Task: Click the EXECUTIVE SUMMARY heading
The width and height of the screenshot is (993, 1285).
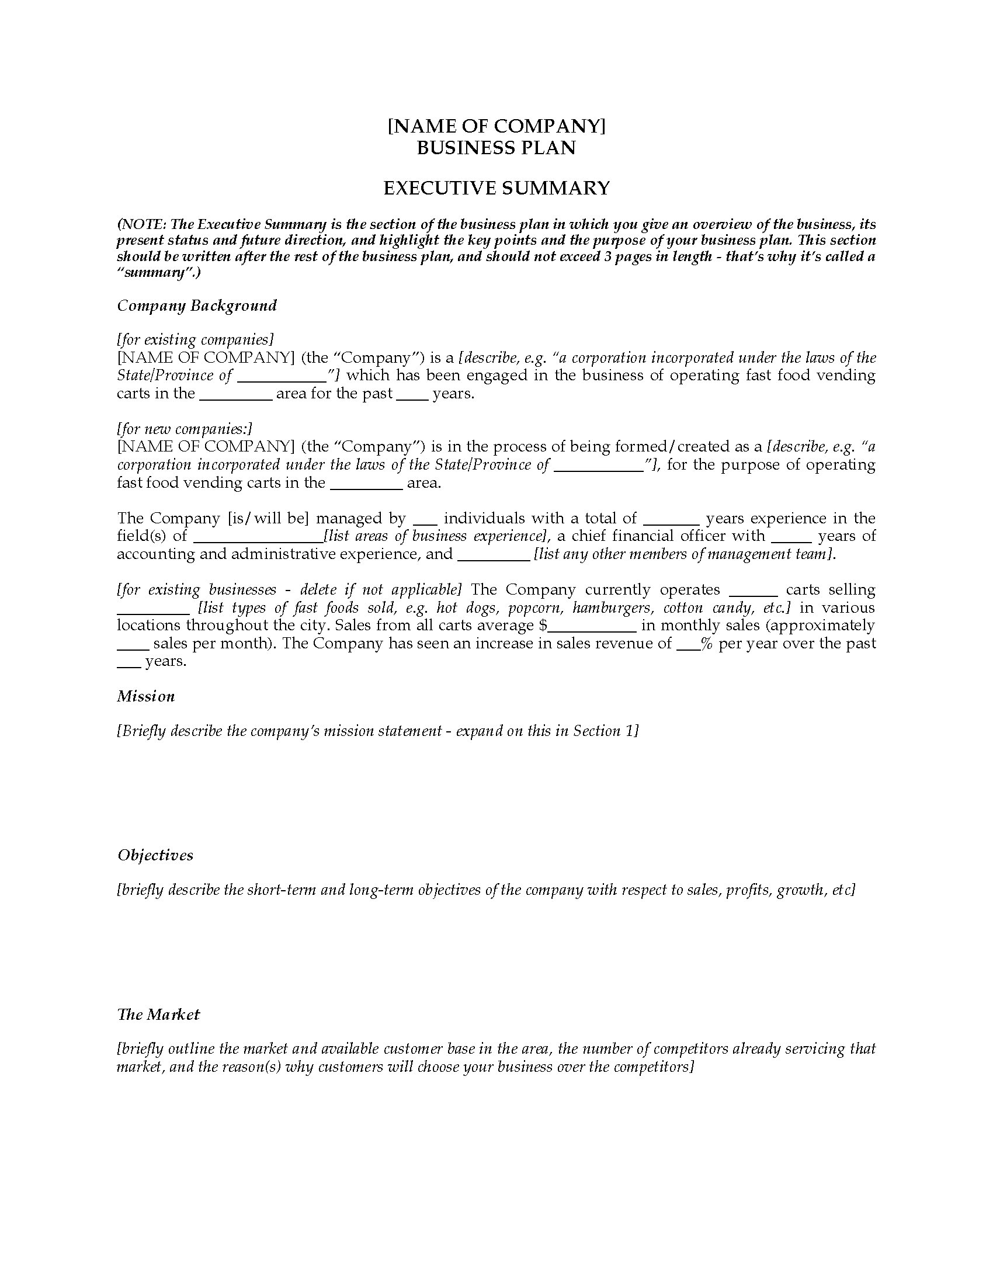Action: pyautogui.click(x=496, y=188)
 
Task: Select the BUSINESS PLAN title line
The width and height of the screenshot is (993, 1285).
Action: pyautogui.click(x=496, y=148)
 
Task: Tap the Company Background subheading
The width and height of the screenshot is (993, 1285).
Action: pyautogui.click(x=196, y=305)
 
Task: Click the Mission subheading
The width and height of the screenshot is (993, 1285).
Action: pyautogui.click(x=146, y=696)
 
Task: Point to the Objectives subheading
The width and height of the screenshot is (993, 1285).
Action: pyautogui.click(x=155, y=855)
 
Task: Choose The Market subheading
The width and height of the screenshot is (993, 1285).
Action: pyautogui.click(x=158, y=1014)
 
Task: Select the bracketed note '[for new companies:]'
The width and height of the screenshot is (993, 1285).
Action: pyautogui.click(x=184, y=429)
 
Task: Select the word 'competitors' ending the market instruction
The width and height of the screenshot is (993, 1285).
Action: pyautogui.click(x=654, y=1067)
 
